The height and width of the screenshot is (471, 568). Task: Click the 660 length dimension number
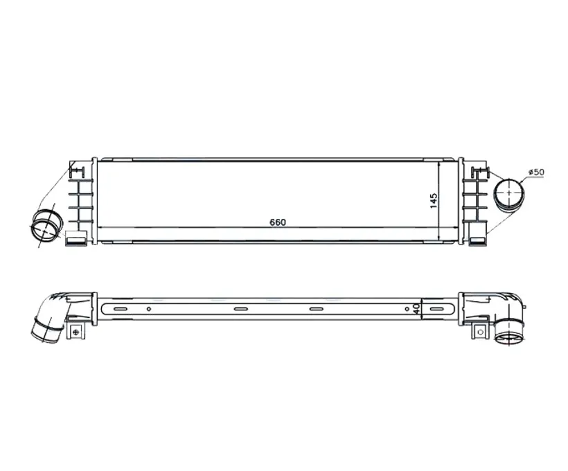click(278, 222)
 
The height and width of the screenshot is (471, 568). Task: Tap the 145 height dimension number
click(434, 201)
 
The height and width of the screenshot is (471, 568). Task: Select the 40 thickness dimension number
click(416, 309)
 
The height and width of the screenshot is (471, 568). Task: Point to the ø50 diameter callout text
click(536, 172)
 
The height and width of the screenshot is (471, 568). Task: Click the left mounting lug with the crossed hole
click(76, 331)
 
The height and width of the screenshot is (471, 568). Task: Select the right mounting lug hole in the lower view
click(481, 332)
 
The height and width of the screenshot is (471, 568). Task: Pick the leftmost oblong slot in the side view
click(121, 309)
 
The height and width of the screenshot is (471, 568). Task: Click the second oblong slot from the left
click(240, 309)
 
